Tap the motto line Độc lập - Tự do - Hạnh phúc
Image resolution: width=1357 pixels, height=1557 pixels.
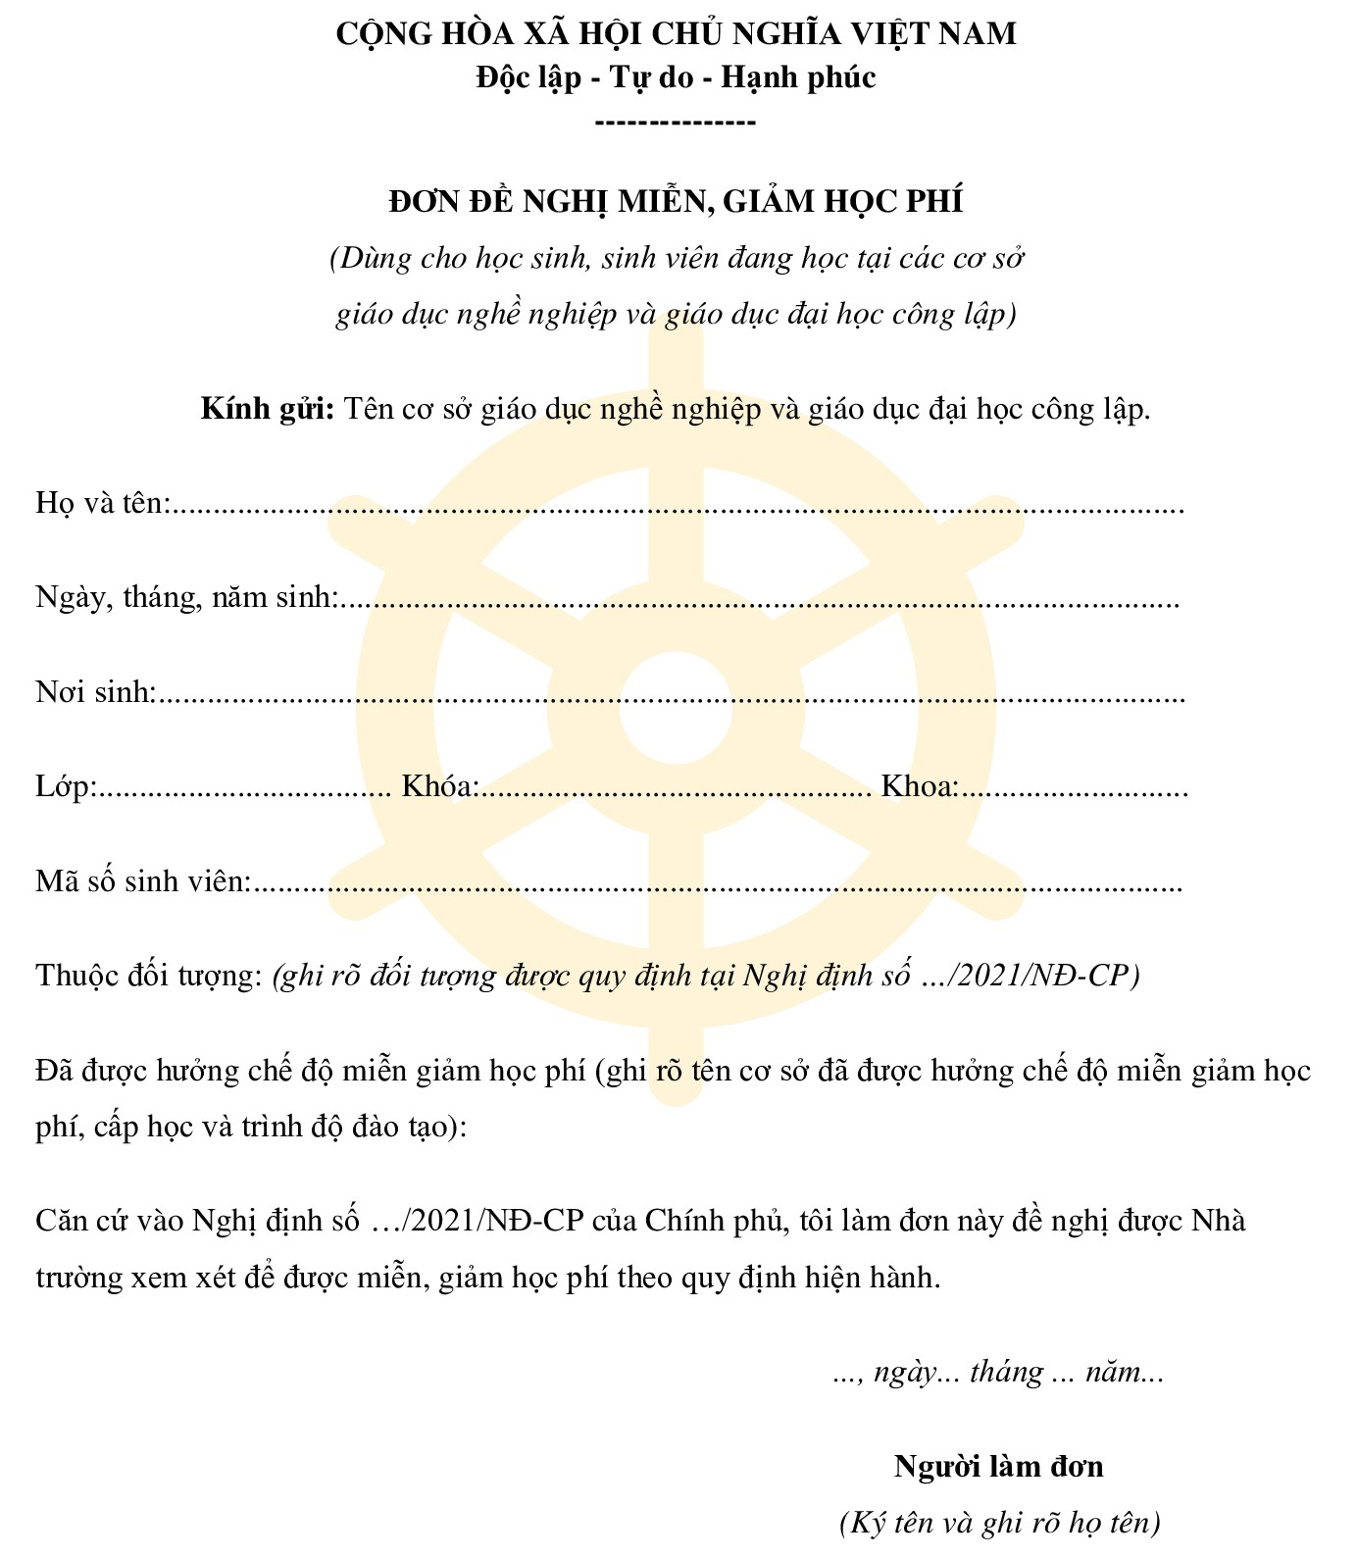676,77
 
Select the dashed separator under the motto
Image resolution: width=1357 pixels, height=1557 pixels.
676,123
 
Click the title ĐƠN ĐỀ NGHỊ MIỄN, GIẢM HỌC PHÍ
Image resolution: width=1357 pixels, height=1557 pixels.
676,201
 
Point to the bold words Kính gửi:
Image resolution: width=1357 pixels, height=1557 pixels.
268,408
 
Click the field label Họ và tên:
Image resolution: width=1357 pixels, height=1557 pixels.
102,503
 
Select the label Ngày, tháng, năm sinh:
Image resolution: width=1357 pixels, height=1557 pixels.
186,597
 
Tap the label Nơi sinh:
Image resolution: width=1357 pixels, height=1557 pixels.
95,692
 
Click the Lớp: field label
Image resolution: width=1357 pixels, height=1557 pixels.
65,786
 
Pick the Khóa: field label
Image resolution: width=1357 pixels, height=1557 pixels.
439,786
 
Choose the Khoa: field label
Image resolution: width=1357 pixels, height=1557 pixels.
919,786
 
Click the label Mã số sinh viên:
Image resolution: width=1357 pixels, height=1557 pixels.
143,881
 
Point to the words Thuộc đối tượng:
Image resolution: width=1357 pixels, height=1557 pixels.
148,976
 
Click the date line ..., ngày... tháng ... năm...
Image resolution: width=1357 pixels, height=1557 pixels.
997,1372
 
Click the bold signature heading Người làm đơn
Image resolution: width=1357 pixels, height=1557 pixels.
998,1467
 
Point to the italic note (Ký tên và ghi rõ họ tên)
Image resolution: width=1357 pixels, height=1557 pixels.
999,1523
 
